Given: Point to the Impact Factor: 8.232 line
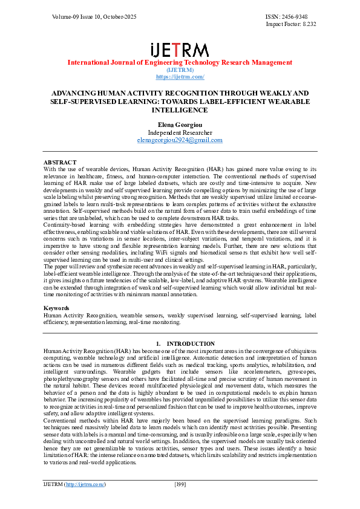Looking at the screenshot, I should [291, 24].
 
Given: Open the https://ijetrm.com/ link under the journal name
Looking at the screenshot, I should [180, 77].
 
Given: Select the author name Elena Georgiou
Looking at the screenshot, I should [180, 125].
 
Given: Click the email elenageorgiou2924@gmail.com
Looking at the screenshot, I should [180, 140].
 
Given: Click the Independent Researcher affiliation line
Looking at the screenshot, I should [180, 132].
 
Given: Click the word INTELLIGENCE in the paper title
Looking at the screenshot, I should [180, 111].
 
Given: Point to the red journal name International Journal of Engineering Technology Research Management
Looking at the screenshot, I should [180, 62].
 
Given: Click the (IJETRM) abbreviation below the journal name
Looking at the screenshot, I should [180, 70].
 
